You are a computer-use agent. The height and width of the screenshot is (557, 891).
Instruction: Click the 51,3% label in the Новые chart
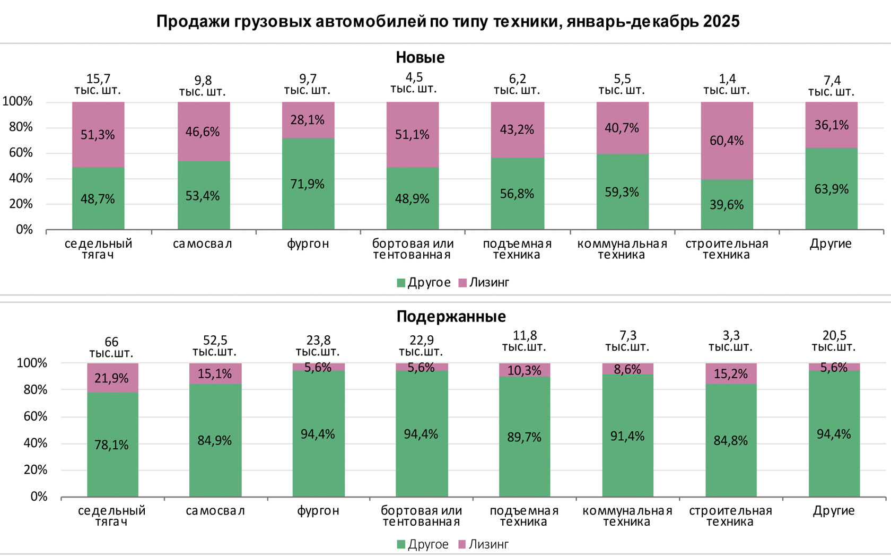click(x=98, y=135)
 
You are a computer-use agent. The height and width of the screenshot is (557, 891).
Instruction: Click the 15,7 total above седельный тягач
click(x=98, y=79)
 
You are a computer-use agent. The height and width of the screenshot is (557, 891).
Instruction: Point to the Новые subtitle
click(x=420, y=57)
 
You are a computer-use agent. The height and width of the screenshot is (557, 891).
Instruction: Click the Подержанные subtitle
click(x=451, y=317)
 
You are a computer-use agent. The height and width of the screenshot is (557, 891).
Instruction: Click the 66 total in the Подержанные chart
click(x=111, y=342)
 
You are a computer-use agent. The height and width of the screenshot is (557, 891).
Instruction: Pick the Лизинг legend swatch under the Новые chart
click(x=462, y=283)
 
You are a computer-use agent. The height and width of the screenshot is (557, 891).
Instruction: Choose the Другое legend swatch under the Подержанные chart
click(x=401, y=544)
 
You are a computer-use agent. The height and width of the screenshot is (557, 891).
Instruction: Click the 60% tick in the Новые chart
click(x=21, y=153)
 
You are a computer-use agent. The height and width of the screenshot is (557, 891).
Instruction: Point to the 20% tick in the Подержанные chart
click(x=36, y=470)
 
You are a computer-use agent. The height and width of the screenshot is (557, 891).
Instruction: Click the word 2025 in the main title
click(x=721, y=22)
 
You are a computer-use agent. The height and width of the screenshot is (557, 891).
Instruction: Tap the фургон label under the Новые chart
click(x=308, y=244)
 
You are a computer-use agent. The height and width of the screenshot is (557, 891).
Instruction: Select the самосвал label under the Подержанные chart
click(x=215, y=511)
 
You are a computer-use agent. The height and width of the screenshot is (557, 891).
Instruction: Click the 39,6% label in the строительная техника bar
click(x=727, y=205)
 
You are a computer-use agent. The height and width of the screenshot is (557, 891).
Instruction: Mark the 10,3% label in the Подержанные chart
click(x=524, y=370)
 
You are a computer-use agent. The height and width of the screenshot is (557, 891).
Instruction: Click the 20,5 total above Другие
click(x=834, y=335)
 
